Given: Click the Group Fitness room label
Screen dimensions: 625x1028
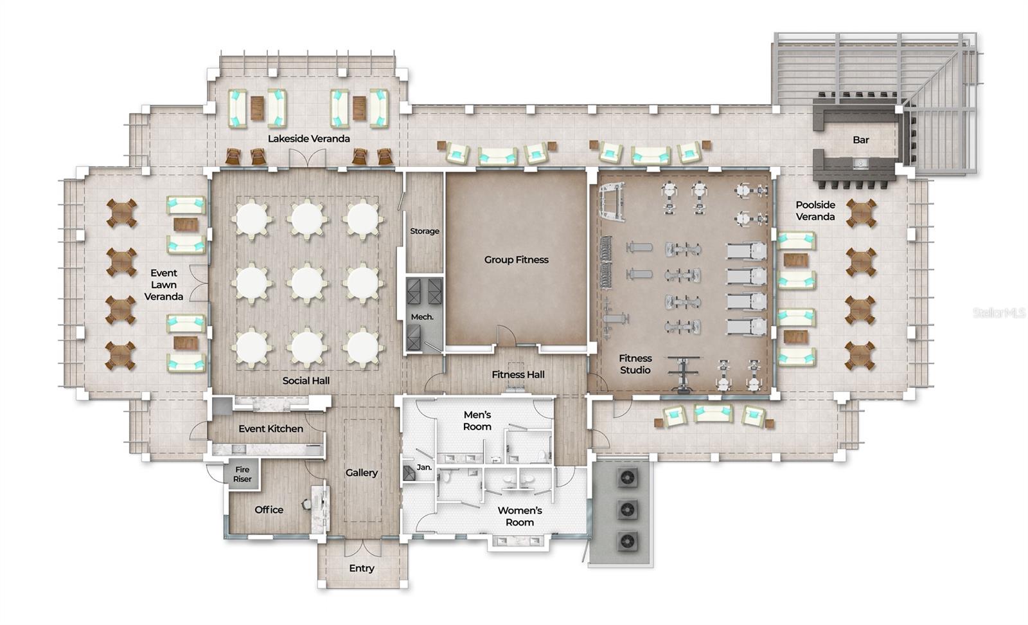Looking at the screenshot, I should point(516,260).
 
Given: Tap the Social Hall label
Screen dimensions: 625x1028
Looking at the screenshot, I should point(306,381).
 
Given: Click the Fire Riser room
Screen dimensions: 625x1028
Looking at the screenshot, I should point(242,475).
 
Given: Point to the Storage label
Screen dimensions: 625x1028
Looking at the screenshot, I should point(425,231).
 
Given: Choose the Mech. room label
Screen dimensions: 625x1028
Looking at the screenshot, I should point(422,317).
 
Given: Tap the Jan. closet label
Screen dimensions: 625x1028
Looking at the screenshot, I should point(424,467).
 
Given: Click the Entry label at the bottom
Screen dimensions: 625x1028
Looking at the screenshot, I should point(362,568).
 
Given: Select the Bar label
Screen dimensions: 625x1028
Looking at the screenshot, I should point(861,140).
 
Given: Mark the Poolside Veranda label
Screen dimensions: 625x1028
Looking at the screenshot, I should point(815,211).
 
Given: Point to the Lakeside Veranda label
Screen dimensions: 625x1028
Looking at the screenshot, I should point(309,138).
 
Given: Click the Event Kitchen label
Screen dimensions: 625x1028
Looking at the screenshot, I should point(270,428).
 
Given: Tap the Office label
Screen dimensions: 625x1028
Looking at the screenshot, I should point(269,510).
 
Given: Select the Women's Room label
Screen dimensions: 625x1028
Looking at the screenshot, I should point(520,516).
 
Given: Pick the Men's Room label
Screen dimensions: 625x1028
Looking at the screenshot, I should point(477,421).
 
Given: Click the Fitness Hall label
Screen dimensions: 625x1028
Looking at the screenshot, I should point(518,374).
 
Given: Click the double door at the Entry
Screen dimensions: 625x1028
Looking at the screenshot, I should point(362,548).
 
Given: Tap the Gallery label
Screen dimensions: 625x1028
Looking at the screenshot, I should point(362,473).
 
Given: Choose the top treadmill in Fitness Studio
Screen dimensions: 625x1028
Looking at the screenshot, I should point(747,250).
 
